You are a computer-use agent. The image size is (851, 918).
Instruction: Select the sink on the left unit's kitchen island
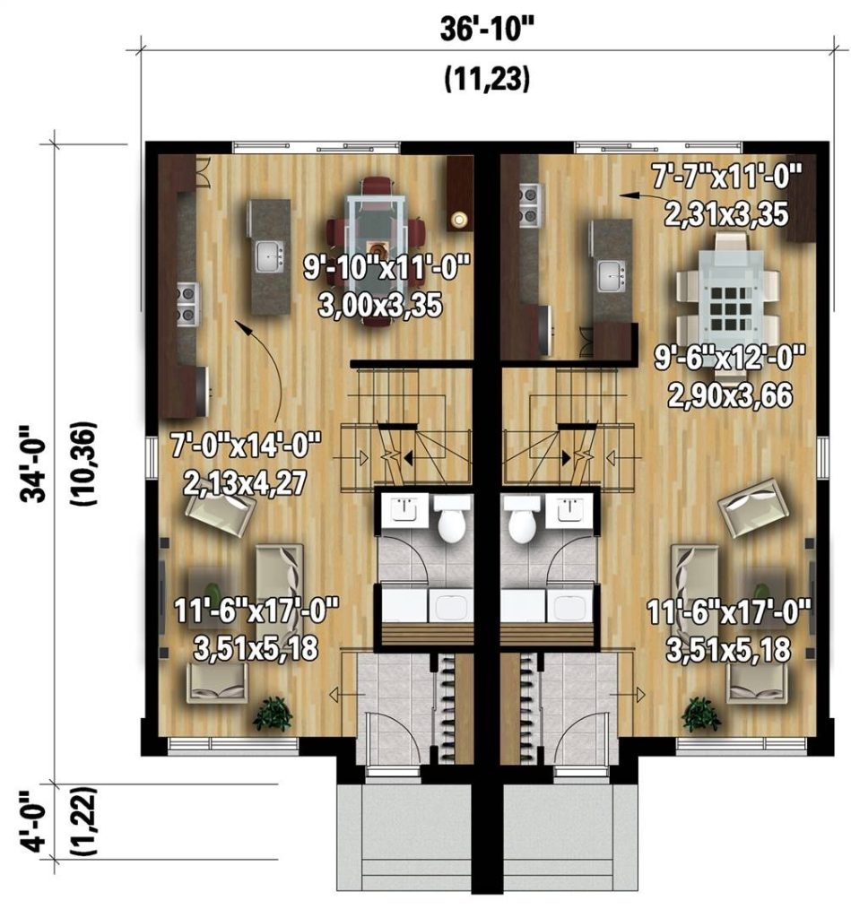coord(269,257)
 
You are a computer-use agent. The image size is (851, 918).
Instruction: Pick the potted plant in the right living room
coord(701,714)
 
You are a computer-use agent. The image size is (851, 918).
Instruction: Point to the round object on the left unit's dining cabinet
coord(461,219)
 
